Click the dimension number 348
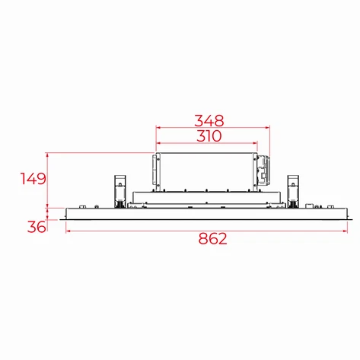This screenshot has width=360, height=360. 209,119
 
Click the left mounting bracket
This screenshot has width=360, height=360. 119,191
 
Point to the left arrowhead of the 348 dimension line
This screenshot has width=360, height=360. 158,127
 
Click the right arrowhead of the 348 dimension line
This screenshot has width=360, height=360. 272,127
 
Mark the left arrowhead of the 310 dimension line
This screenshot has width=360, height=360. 158,144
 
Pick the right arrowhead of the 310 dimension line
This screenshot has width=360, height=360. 256,144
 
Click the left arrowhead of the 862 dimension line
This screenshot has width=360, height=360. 68,231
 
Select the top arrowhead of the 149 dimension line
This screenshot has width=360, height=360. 48,155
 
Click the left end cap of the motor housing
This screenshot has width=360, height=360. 155,171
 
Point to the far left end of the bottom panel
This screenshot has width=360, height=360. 68,214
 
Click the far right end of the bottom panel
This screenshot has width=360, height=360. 349,214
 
